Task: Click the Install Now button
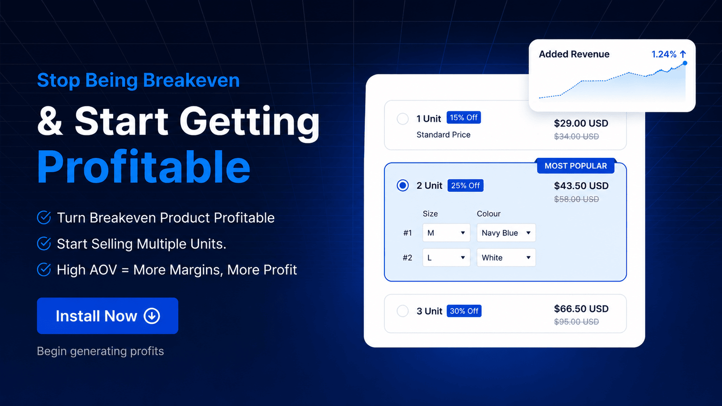click(x=107, y=315)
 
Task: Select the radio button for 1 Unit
click(x=403, y=119)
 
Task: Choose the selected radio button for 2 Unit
click(x=403, y=185)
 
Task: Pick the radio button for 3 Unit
click(x=403, y=311)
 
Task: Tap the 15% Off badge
click(x=464, y=118)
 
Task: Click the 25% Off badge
click(x=465, y=185)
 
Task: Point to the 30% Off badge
click(x=464, y=311)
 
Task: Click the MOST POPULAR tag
click(x=576, y=166)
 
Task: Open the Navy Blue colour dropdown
click(x=506, y=233)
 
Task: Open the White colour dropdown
click(x=506, y=258)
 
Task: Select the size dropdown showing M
click(x=446, y=233)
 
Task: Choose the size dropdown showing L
click(x=446, y=258)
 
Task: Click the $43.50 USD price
click(x=581, y=185)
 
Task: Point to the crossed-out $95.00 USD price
click(x=576, y=322)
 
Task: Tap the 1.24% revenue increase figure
click(x=664, y=54)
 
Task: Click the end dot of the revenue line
click(x=685, y=63)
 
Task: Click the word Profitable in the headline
click(x=144, y=167)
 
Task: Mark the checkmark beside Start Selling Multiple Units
click(x=44, y=244)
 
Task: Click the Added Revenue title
click(x=574, y=54)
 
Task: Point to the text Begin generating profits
click(x=100, y=351)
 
